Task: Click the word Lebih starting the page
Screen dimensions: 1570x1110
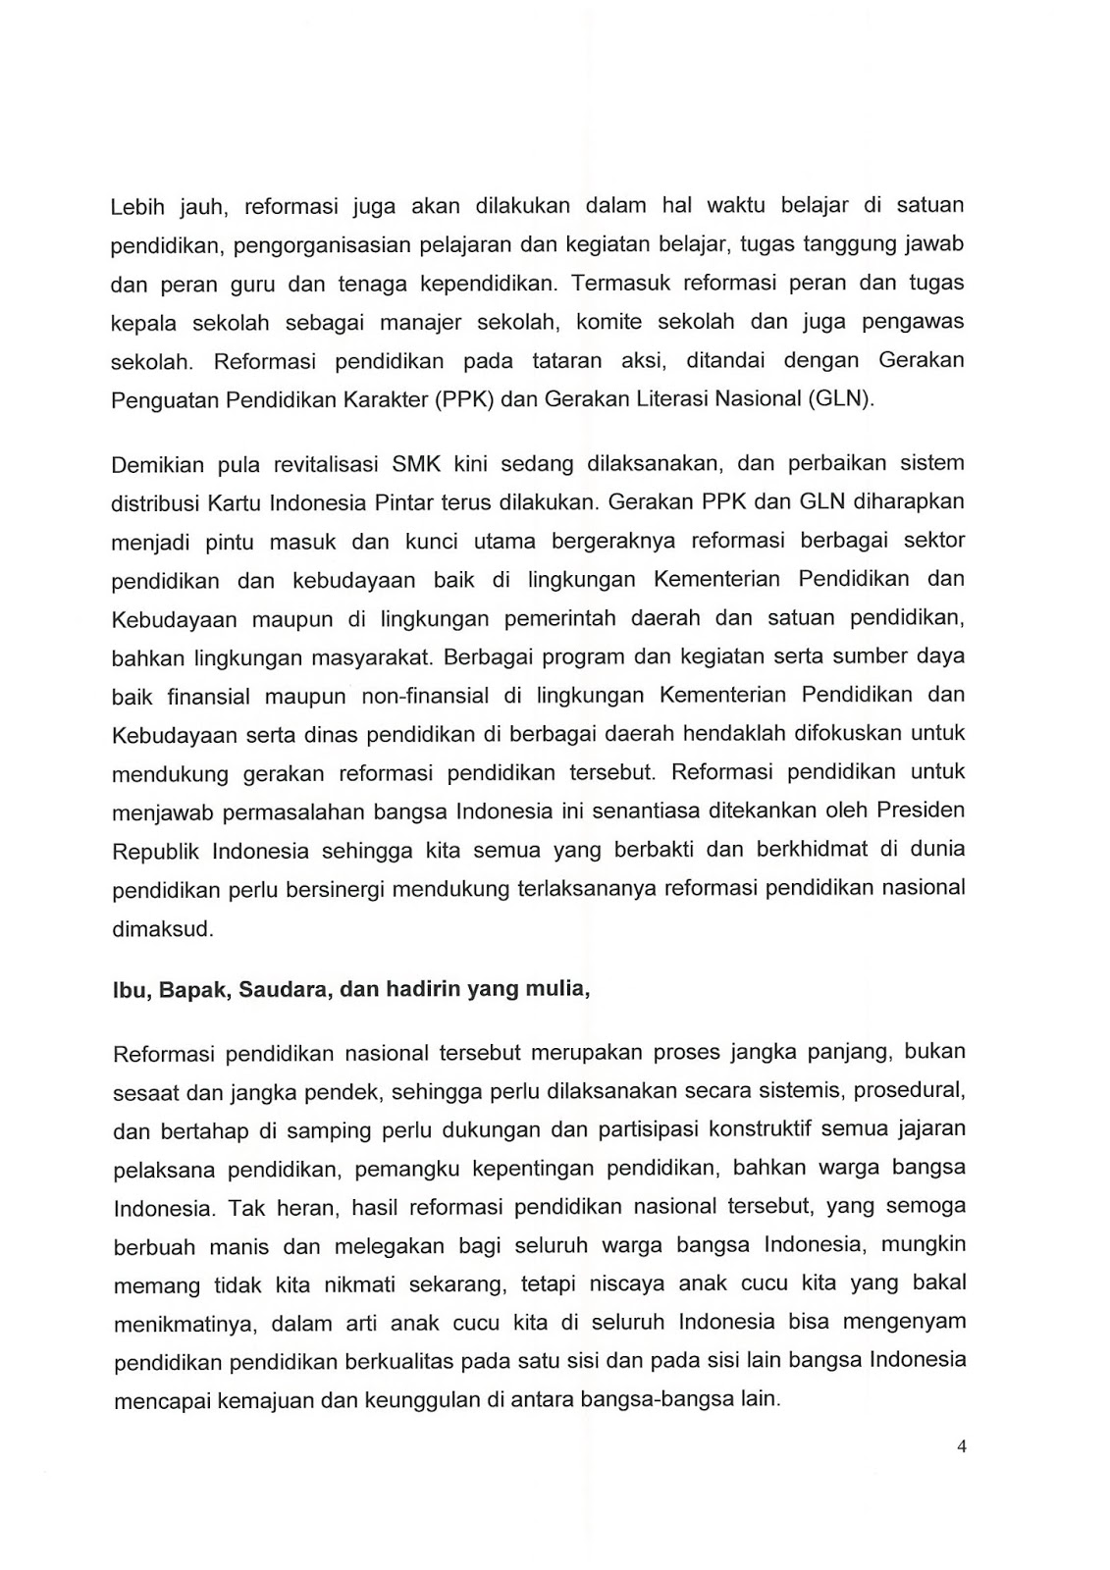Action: click(x=137, y=207)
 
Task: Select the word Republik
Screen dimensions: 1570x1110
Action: click(x=156, y=851)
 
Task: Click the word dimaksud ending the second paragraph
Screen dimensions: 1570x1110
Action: click(x=163, y=928)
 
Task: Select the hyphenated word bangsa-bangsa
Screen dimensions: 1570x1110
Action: click(x=670, y=1399)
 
